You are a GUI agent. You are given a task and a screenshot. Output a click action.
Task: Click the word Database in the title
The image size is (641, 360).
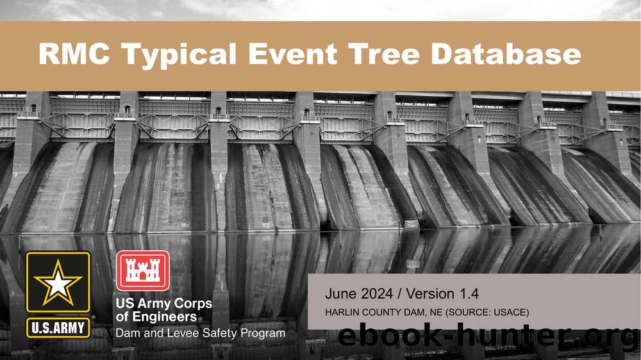[x=506, y=54]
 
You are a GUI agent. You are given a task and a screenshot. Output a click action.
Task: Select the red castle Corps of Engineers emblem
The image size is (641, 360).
[x=142, y=271]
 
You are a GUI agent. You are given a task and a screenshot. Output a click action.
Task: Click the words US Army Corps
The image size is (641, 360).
[x=163, y=304]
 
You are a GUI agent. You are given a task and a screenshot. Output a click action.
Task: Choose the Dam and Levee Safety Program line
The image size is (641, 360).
[x=201, y=333]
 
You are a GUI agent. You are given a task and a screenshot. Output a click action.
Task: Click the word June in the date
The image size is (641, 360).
[x=340, y=294]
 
